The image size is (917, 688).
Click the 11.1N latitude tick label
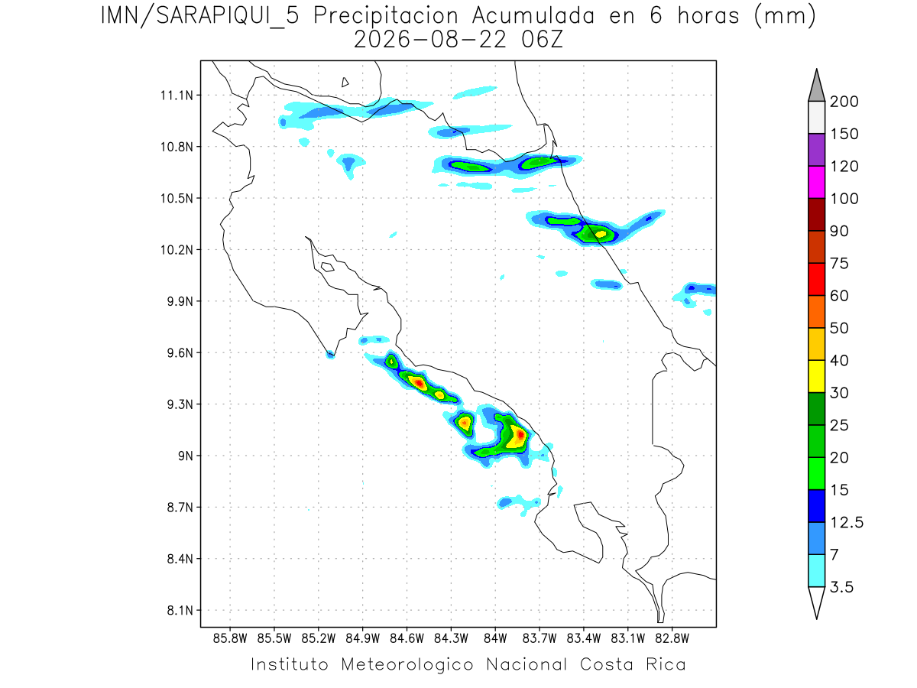click(x=177, y=96)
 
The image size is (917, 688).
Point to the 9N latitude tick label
click(x=186, y=456)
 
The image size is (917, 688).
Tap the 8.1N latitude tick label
click(x=180, y=611)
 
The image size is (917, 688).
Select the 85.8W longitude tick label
click(x=230, y=639)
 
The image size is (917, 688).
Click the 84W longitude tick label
click(x=495, y=639)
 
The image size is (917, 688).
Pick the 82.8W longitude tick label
click(x=672, y=639)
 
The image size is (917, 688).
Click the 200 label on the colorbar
click(x=844, y=102)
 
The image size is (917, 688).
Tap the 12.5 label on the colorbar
click(x=847, y=523)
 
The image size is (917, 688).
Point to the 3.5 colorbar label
click(x=841, y=587)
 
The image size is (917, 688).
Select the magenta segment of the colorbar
click(x=817, y=182)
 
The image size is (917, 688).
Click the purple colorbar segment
click(x=817, y=150)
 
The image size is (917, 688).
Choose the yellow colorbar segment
click(x=817, y=376)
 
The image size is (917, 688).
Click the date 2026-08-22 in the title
click(x=430, y=40)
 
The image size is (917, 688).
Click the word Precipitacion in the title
click(x=386, y=16)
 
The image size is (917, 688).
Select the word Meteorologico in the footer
click(x=407, y=664)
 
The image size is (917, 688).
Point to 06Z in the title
click(x=542, y=40)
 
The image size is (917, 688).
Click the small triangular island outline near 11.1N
click(x=345, y=83)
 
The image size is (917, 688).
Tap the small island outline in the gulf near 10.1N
click(x=328, y=267)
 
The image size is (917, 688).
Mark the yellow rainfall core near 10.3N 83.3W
click(x=601, y=234)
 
